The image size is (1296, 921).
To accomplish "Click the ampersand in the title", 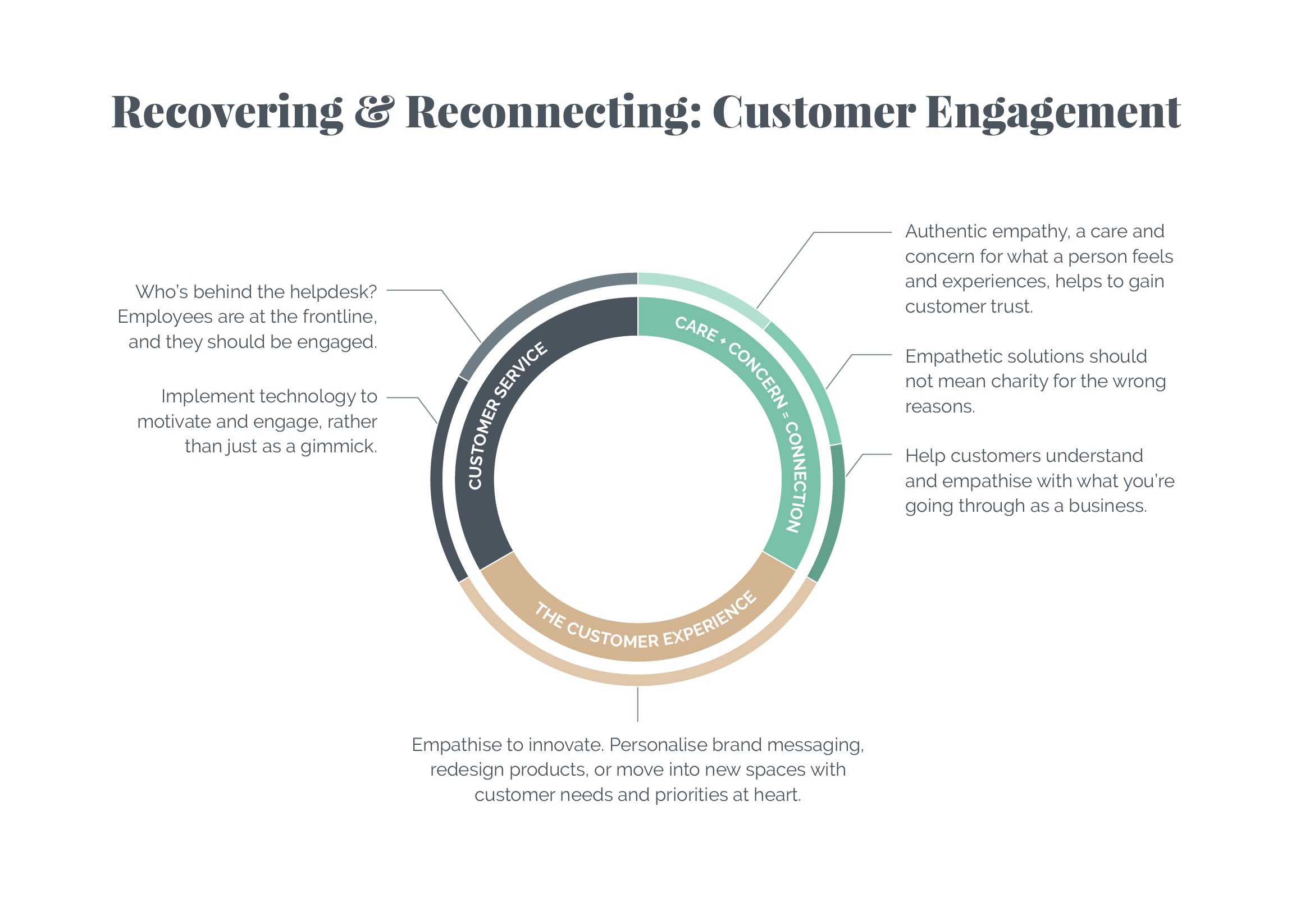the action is pyautogui.click(x=374, y=111).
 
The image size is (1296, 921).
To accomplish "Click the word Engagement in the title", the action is pyautogui.click(x=1053, y=113).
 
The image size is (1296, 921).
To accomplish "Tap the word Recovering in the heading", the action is pyautogui.click(x=227, y=113).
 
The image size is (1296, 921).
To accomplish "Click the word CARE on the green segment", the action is pyautogui.click(x=696, y=329).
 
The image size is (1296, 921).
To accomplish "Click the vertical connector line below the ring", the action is pyautogui.click(x=638, y=704).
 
